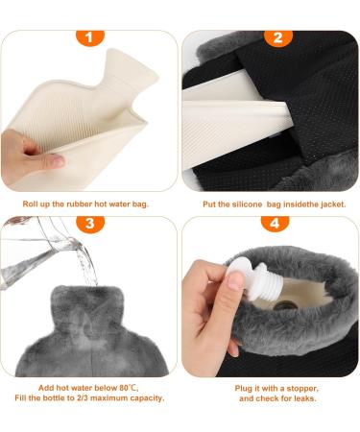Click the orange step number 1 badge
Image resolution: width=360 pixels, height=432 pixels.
[x=90, y=39]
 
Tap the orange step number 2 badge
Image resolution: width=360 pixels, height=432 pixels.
[x=276, y=39]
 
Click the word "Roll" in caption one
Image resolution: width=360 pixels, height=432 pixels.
[x=31, y=204]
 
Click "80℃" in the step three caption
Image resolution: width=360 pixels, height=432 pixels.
[x=131, y=388]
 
